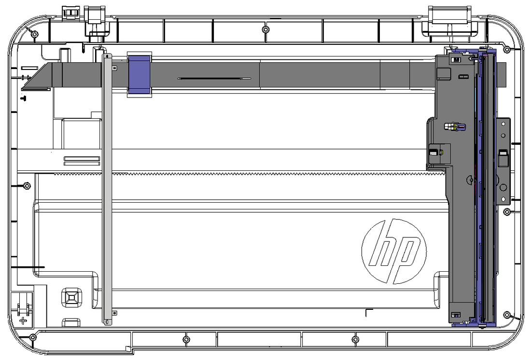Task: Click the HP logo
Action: [394, 251]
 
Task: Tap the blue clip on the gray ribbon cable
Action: [139, 74]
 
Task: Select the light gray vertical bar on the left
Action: [107, 189]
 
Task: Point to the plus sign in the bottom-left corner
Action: [23, 320]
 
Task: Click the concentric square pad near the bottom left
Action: [72, 297]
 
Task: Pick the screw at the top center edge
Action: [266, 29]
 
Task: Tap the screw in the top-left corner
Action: [34, 33]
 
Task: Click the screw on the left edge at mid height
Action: [27, 186]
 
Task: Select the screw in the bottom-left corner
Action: [32, 337]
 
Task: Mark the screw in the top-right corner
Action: [506, 49]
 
